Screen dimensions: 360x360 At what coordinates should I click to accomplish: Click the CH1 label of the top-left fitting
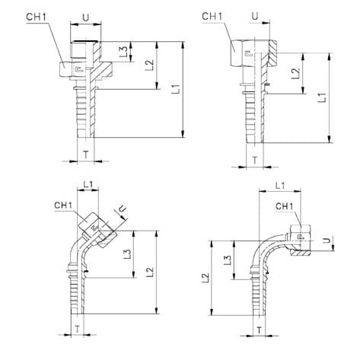click(37, 18)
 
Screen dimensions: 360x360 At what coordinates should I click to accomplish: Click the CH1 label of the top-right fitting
click(212, 17)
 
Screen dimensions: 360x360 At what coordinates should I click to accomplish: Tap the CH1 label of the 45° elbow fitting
click(63, 205)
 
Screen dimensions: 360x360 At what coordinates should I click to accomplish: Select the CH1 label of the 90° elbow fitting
click(285, 206)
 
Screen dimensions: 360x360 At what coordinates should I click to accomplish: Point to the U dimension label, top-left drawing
click(86, 18)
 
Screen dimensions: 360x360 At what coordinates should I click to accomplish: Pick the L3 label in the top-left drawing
click(124, 52)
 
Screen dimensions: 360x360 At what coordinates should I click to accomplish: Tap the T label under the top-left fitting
click(86, 155)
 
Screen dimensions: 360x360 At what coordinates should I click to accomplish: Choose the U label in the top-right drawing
click(255, 17)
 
